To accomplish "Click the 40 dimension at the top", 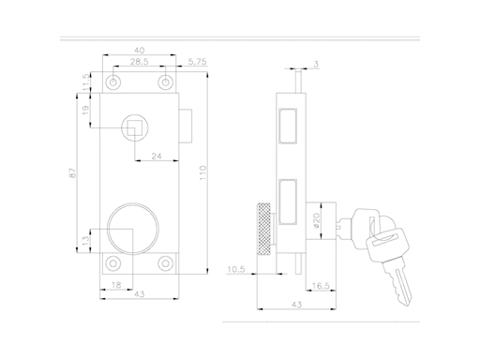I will (140, 50).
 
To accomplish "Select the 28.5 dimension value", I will (140, 62).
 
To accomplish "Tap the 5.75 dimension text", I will (197, 62).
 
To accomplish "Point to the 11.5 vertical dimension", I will (86, 82).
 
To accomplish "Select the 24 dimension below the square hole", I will (155, 157).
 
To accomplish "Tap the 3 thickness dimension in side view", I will (316, 64).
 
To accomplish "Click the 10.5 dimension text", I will (236, 270).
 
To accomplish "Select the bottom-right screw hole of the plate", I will (166, 262).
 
